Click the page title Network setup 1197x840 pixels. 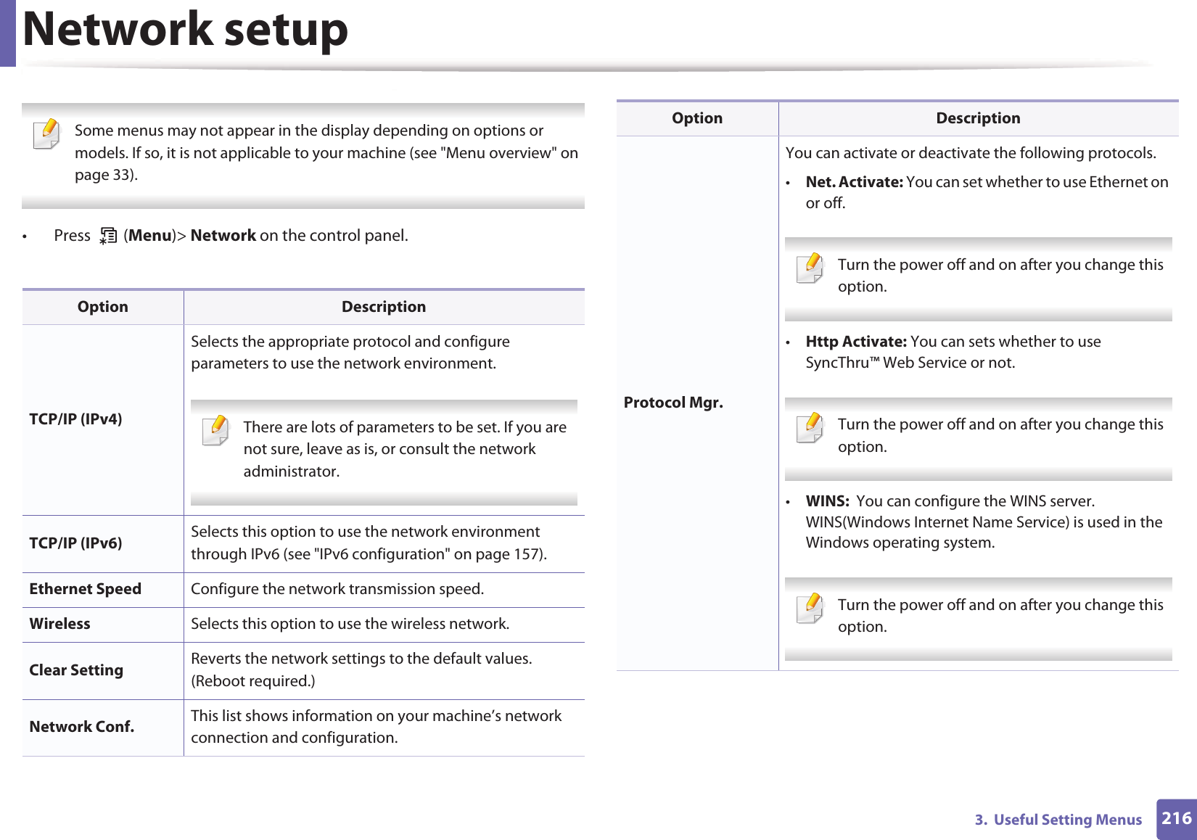coord(185,30)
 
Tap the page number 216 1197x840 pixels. coord(1176,818)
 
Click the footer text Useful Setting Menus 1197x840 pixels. coord(1067,820)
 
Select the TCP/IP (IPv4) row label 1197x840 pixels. coord(75,419)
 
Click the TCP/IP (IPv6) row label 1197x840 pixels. coord(75,543)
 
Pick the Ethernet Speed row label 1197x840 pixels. coord(85,589)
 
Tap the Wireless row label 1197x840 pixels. coord(59,624)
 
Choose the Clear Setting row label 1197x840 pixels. coord(76,670)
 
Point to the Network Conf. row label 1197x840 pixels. coord(81,727)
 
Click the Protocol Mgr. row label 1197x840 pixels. coord(672,403)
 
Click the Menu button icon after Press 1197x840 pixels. coord(108,236)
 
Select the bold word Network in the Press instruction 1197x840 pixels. coord(223,236)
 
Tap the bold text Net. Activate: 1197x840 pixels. coord(854,182)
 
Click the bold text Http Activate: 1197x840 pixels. coord(855,342)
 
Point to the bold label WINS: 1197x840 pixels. coord(827,501)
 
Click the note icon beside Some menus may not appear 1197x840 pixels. coord(47,133)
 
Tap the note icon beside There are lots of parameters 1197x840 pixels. coord(216,430)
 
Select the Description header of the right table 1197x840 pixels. coord(977,118)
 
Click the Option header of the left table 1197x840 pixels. coord(102,307)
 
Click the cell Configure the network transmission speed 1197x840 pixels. coord(337,589)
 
